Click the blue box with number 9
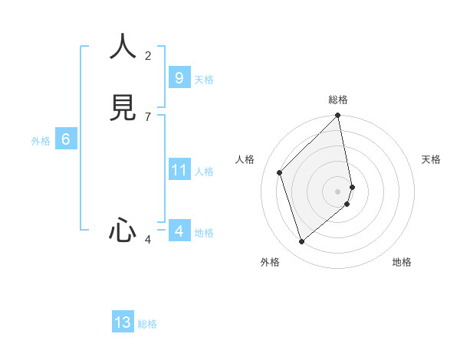(179, 78)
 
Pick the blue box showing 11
(179, 170)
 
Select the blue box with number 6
(66, 139)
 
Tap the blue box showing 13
(123, 322)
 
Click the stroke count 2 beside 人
(148, 55)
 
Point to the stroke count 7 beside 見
(148, 116)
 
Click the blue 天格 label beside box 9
(204, 80)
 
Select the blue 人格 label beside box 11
(205, 172)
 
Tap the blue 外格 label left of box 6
(41, 141)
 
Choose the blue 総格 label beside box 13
(147, 324)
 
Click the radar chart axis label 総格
(338, 100)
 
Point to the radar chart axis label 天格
(432, 159)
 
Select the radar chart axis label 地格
(402, 262)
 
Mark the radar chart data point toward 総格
(338, 116)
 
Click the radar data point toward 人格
(280, 172)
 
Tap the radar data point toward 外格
(302, 242)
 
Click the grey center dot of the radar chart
(338, 191)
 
